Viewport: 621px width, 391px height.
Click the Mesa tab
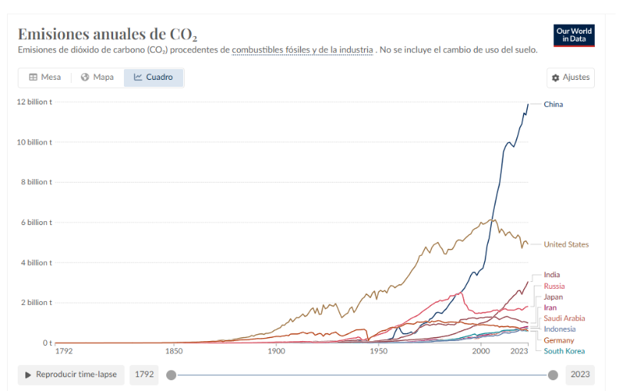click(x=45, y=77)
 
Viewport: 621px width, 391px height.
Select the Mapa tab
click(x=97, y=77)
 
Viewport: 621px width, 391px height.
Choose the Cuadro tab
click(x=153, y=77)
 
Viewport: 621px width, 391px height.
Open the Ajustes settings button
click(x=570, y=78)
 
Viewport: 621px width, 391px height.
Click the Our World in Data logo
click(x=574, y=35)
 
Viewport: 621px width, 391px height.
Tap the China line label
click(x=553, y=104)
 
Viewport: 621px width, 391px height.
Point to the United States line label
click(x=566, y=244)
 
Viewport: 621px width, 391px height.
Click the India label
click(x=552, y=274)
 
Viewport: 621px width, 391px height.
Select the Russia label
click(x=554, y=286)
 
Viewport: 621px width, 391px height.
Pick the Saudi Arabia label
click(x=564, y=318)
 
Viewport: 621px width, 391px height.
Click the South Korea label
click(x=564, y=351)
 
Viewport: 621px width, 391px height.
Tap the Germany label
click(x=559, y=340)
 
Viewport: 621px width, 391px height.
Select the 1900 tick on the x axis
click(x=276, y=351)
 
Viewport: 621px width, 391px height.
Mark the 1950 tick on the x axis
click(x=378, y=351)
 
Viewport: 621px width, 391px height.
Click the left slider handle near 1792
click(x=171, y=375)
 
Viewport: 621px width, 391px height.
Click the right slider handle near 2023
click(x=553, y=375)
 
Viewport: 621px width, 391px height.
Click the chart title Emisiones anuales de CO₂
click(x=108, y=35)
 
